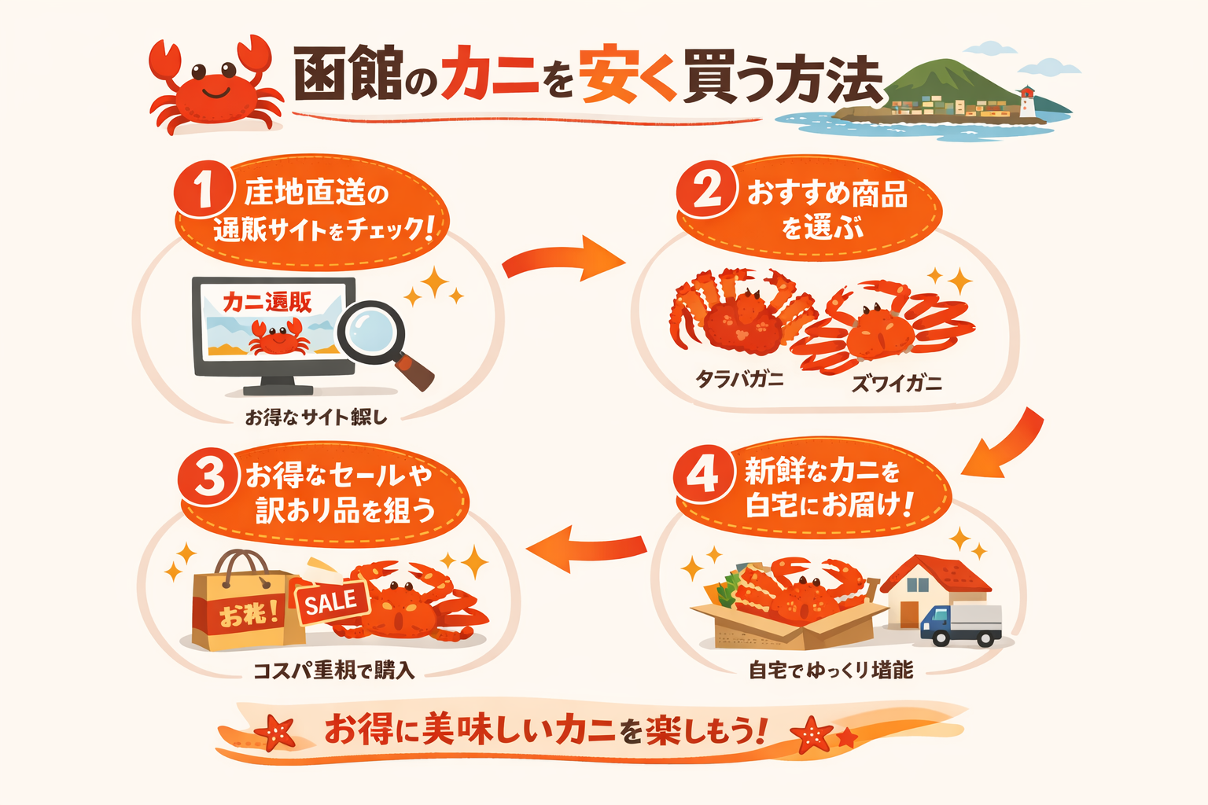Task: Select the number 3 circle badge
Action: pyautogui.click(x=208, y=476)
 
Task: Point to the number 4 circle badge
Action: pyautogui.click(x=702, y=474)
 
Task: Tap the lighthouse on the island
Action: pyautogui.click(x=1027, y=103)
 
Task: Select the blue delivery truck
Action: pyautogui.click(x=960, y=624)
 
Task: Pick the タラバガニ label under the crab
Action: pyautogui.click(x=739, y=380)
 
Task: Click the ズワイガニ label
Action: pyautogui.click(x=897, y=384)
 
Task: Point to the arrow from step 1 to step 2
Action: pyautogui.click(x=563, y=260)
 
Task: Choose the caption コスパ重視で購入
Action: pyautogui.click(x=333, y=671)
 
